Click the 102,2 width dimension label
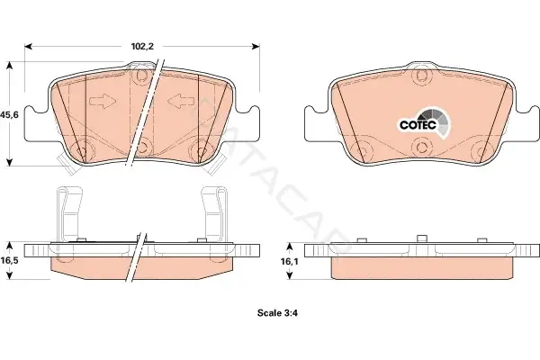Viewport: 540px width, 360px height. pos(142,47)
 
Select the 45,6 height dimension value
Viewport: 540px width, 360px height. pos(9,114)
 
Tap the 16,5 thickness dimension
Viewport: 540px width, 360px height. pos(9,260)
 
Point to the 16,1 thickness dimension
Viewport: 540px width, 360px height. pos(289,262)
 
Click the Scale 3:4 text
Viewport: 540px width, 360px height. pos(277,313)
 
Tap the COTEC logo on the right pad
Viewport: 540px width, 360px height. pos(424,123)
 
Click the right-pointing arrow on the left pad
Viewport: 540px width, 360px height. pos(103,102)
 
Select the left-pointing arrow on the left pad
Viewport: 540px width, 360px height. pos(181,102)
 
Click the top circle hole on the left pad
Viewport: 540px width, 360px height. pos(141,76)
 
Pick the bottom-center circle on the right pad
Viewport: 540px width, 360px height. pos(422,147)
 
